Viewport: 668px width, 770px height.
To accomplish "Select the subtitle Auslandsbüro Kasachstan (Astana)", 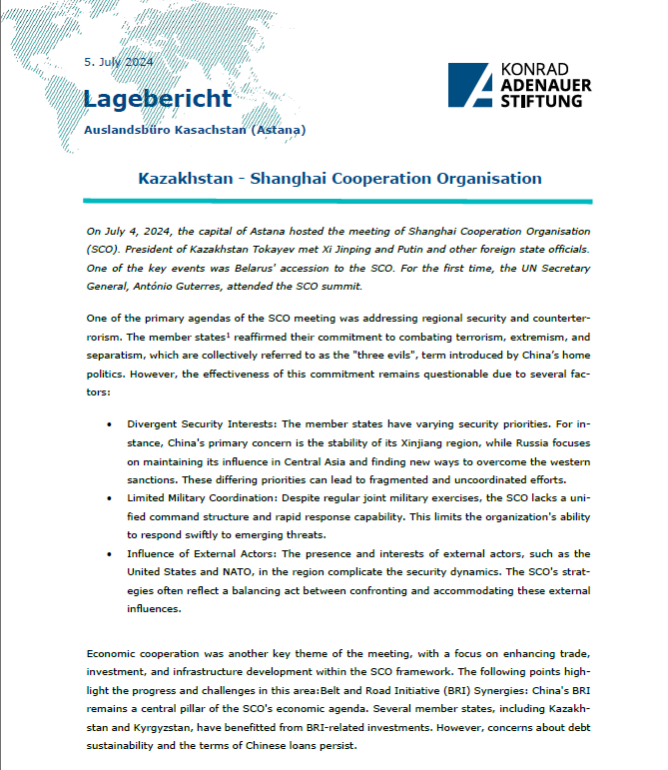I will [195, 129].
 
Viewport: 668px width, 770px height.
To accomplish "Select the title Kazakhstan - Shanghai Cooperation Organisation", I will [339, 179].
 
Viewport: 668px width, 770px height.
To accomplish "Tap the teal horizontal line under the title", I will [339, 201].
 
